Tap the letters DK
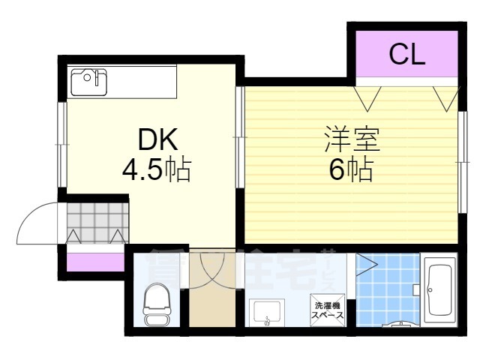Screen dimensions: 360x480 coord(156,140)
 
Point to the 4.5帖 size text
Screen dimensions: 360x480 coord(156,171)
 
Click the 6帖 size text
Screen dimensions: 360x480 coord(351,172)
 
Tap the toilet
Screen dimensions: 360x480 coord(156,303)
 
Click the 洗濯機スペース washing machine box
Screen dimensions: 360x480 coord(328,310)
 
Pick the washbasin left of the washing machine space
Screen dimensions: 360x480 coord(268,313)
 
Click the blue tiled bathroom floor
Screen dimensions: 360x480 coord(386,289)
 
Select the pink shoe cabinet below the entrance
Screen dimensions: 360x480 coord(94,262)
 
